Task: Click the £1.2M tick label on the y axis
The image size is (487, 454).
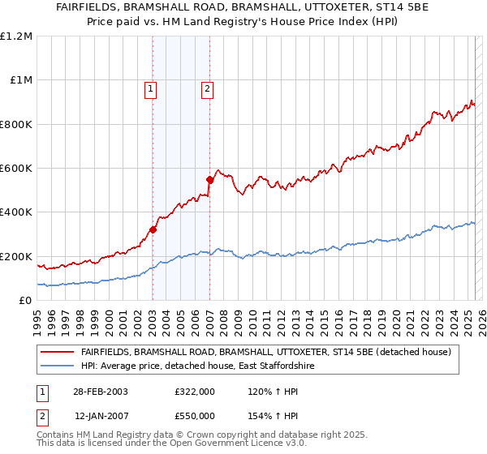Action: coord(16,36)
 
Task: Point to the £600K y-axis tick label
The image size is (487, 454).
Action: coord(16,169)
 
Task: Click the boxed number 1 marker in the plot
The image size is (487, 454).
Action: coord(152,89)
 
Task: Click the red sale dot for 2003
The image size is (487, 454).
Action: coord(153,229)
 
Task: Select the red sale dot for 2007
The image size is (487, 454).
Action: coord(209,179)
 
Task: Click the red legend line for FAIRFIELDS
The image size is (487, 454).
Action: coord(57,352)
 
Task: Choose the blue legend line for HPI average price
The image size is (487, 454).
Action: coord(57,366)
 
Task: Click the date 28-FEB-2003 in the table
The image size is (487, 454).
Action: coord(101,391)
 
